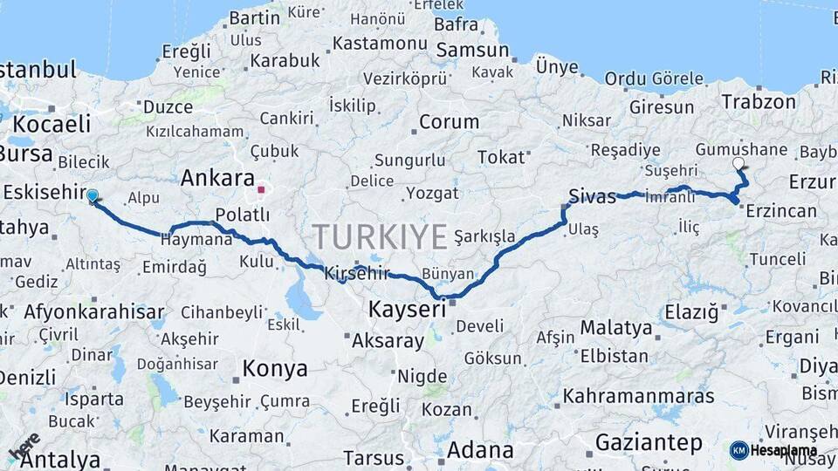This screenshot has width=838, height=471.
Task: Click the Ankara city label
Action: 217,178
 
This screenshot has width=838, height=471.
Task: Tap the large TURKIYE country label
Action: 380,236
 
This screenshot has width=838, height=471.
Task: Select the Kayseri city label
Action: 408,309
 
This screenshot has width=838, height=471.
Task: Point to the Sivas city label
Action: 593,195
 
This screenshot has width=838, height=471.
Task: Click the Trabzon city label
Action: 755,101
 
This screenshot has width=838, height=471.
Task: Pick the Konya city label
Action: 275,369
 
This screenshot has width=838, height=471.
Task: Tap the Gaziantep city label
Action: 649,442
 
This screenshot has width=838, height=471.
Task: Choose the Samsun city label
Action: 472,51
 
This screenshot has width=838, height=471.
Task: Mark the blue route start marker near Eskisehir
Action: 92,196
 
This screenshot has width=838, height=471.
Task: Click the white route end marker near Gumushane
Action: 739,163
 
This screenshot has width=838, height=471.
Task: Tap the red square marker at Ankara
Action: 261,188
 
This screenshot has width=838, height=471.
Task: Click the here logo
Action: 24,447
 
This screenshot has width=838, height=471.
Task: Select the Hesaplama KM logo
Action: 773,450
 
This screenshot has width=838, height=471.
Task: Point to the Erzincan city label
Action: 781,211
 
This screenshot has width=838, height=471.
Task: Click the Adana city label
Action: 480,450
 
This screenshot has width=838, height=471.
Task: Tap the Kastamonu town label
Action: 380,43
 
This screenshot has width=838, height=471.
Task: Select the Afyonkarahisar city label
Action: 94,311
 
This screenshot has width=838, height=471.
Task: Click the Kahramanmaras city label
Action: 639,396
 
